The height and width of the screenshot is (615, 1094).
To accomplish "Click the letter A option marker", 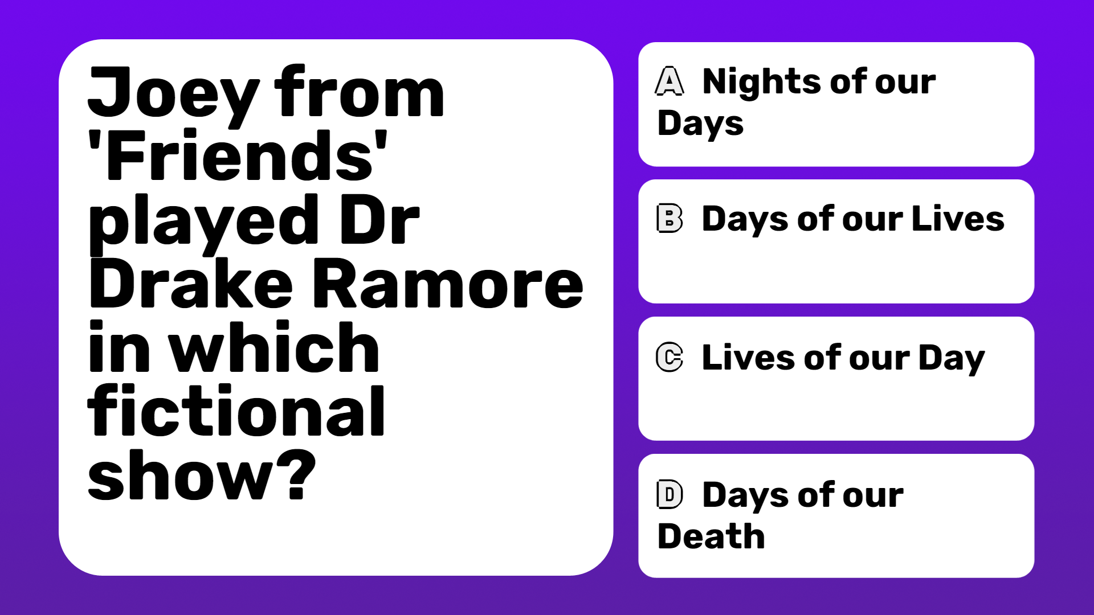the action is tap(670, 81).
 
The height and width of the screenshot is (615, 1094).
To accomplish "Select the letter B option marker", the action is tap(670, 218).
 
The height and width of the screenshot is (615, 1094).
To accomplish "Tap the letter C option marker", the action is tap(670, 357).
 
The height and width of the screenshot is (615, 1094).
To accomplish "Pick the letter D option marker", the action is tap(670, 494).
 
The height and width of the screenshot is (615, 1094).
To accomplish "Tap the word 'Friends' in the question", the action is tap(238, 155).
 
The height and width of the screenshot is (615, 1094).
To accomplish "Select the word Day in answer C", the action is tap(952, 359).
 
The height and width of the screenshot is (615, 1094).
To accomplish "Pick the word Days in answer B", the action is tap(745, 220).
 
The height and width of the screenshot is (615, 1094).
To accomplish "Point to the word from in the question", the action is tap(359, 91).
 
